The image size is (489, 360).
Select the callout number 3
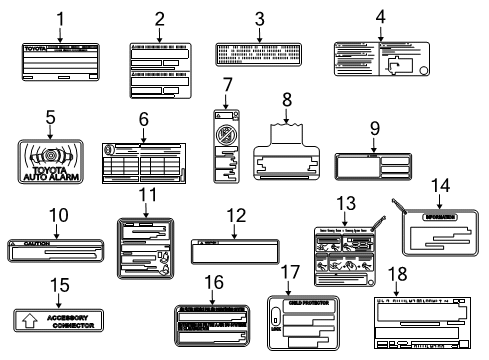coord(259,17)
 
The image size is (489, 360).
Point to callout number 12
coord(235,215)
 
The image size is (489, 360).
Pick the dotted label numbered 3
coord(258,54)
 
